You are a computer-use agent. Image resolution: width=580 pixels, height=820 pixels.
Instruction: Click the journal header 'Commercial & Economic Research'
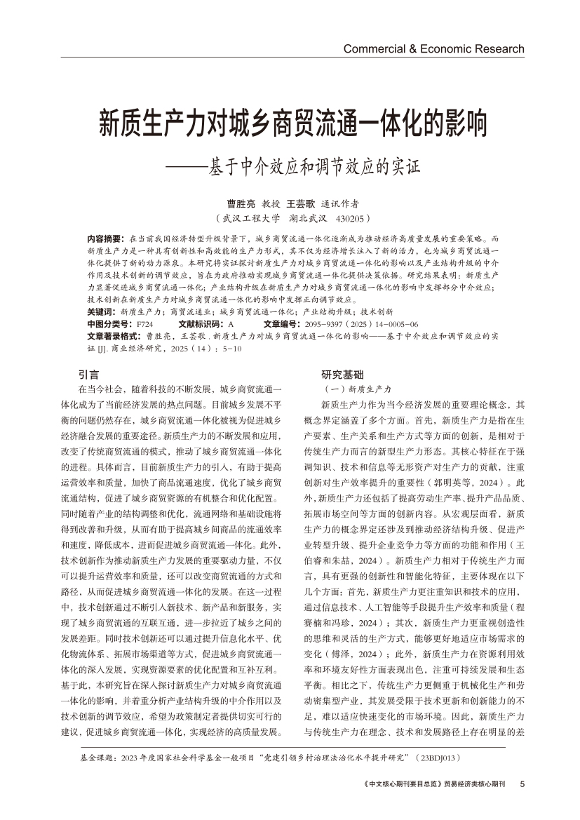(x=433, y=49)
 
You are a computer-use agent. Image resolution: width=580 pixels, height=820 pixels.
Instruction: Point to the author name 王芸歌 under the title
(x=301, y=204)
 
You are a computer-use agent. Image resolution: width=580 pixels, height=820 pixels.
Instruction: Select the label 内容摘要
(x=103, y=238)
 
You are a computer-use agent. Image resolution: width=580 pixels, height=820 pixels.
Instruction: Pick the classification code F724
(x=144, y=324)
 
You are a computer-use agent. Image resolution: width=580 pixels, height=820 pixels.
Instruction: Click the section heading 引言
(x=89, y=375)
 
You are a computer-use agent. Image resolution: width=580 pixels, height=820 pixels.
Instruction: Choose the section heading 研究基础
(x=342, y=375)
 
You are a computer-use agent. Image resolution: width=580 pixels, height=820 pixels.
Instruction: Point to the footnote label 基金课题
(x=100, y=758)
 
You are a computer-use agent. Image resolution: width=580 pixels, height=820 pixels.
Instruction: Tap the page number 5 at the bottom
(x=522, y=784)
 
